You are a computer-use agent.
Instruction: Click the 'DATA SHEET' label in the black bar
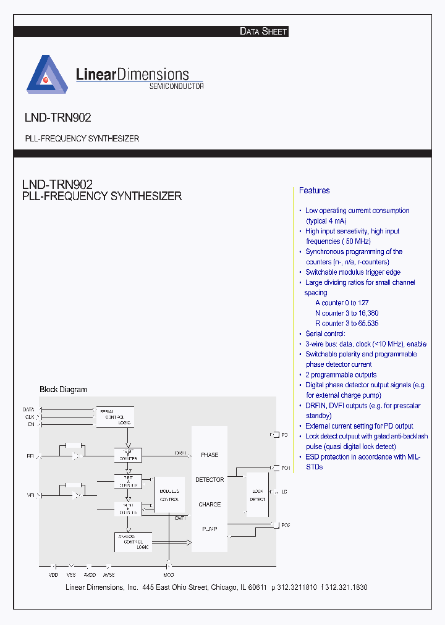click(x=263, y=31)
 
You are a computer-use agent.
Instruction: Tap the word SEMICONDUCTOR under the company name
click(x=176, y=86)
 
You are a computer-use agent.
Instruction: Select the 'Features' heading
click(x=315, y=190)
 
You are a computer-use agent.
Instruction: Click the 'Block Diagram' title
click(x=63, y=390)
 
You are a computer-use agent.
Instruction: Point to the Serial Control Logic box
click(x=115, y=417)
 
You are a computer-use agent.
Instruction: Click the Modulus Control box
click(x=169, y=495)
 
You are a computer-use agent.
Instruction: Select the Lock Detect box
click(x=258, y=495)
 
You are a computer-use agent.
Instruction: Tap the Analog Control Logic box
click(x=133, y=542)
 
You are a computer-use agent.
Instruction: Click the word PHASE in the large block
click(x=210, y=455)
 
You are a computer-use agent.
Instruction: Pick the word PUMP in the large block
click(x=210, y=529)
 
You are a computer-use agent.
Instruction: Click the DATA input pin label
click(x=28, y=409)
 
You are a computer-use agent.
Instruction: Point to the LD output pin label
click(x=284, y=492)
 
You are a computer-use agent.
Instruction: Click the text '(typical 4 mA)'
click(x=326, y=220)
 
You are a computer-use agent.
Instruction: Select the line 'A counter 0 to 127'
click(x=342, y=303)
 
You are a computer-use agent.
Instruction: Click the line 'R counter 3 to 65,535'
click(x=347, y=323)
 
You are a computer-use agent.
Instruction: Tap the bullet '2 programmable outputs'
click(x=341, y=375)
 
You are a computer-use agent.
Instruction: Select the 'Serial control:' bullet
click(x=325, y=333)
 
